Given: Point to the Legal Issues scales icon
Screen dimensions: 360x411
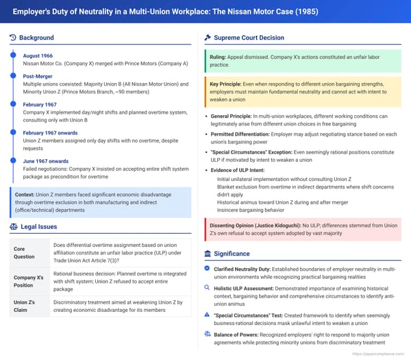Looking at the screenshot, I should [x=14, y=226].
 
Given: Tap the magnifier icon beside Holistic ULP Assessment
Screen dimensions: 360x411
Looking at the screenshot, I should [x=208, y=289].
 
